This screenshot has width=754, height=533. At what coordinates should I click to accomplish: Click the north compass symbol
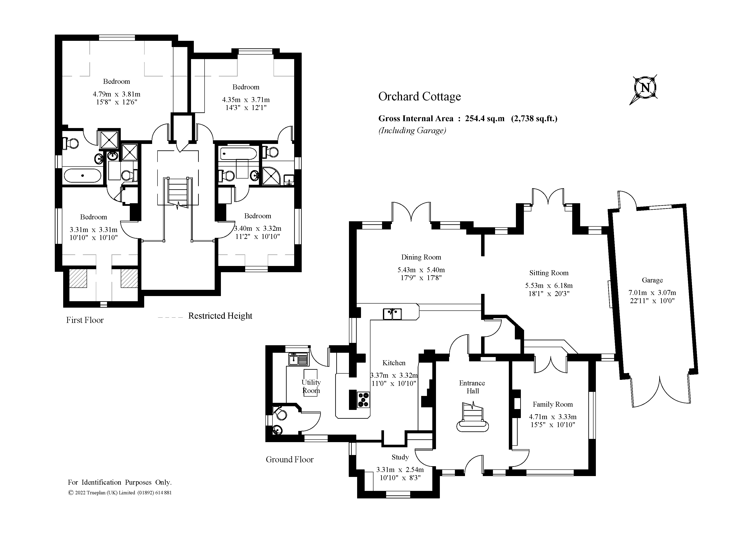(645, 88)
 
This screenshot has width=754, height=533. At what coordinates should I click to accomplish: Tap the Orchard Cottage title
(419, 96)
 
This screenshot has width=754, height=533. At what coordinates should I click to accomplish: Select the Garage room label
(652, 280)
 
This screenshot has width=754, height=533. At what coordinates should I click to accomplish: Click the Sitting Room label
(549, 273)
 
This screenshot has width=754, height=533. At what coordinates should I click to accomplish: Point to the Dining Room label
(421, 257)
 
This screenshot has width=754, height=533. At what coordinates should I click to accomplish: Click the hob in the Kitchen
(363, 400)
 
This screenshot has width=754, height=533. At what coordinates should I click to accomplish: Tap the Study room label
(400, 457)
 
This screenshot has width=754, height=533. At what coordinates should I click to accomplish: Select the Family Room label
(553, 404)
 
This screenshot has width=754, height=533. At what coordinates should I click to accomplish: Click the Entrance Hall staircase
(473, 416)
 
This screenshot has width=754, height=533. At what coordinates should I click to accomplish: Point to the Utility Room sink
(298, 359)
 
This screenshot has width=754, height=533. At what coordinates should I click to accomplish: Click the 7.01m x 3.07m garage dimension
(652, 293)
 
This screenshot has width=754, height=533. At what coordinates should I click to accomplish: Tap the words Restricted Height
(220, 316)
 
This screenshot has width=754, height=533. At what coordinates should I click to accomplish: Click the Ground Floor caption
(290, 460)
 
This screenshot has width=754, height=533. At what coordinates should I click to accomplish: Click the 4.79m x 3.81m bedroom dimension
(117, 94)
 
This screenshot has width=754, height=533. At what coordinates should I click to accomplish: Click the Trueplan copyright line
(120, 493)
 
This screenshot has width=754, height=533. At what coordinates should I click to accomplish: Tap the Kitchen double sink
(392, 314)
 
